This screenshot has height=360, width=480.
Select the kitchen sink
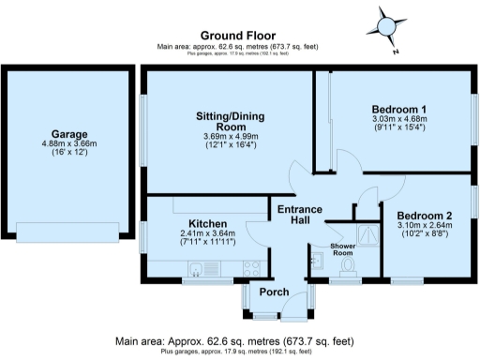195,270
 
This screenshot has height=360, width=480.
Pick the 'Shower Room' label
347,249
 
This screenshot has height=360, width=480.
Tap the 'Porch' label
275,292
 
